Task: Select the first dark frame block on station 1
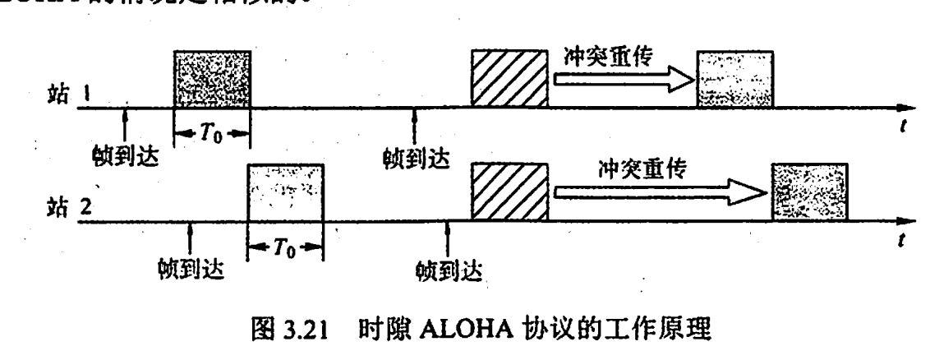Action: [x=211, y=79]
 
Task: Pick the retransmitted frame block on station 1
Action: [x=734, y=79]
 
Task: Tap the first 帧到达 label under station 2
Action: [x=191, y=267]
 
